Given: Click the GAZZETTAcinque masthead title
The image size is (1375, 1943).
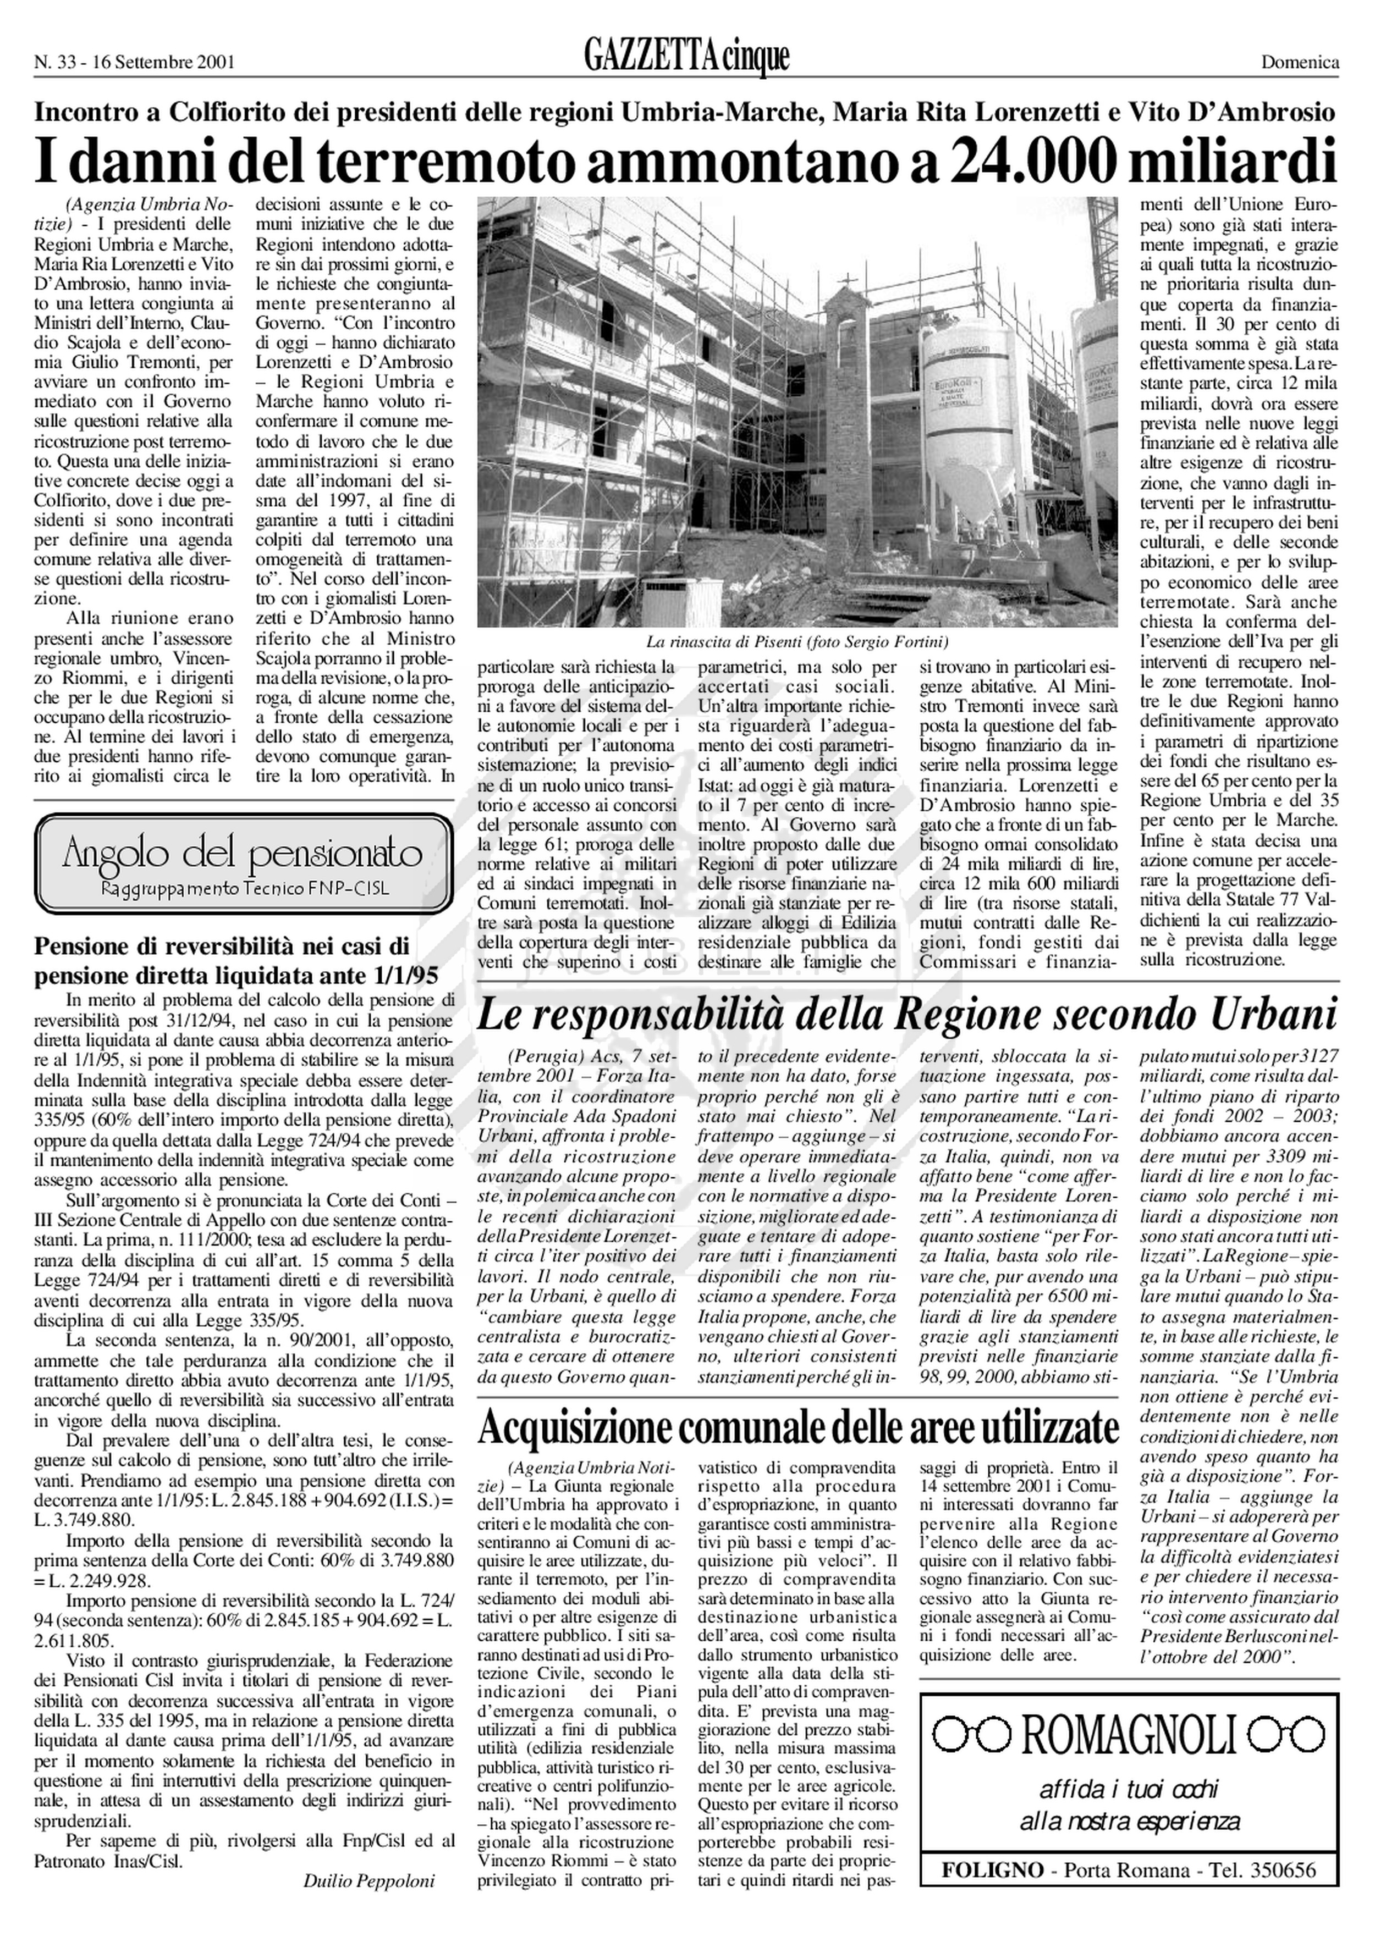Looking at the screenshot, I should pos(686,58).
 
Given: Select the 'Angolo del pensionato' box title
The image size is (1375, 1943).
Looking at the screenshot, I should pos(243,855).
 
